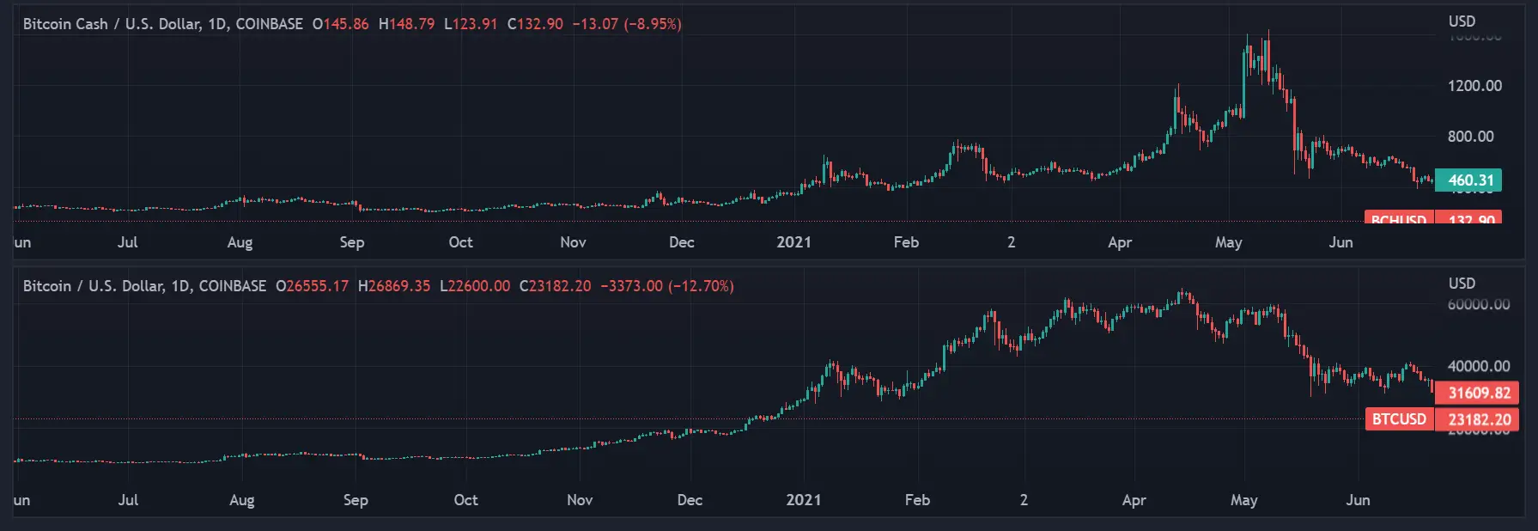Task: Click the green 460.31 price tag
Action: click(1469, 180)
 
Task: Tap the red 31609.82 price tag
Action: click(1478, 393)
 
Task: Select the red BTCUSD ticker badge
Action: click(1399, 419)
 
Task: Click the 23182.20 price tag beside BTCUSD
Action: click(1478, 419)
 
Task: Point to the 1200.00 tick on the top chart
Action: click(1474, 86)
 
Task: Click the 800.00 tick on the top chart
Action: click(1470, 137)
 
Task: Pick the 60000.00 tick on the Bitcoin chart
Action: click(1478, 304)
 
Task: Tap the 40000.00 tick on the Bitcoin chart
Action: click(1478, 366)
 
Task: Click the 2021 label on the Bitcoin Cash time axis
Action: click(793, 242)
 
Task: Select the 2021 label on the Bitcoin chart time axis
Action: click(803, 500)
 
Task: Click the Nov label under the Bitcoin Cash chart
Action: click(573, 242)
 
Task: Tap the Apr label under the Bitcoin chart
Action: click(1134, 500)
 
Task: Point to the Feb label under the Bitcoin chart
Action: click(917, 500)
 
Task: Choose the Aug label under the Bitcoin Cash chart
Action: click(240, 242)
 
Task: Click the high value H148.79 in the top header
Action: click(406, 24)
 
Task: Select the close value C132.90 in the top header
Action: click(535, 24)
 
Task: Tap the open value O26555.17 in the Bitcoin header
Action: click(312, 286)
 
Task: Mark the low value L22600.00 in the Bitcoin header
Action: click(474, 286)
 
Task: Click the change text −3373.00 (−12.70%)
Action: click(666, 286)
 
